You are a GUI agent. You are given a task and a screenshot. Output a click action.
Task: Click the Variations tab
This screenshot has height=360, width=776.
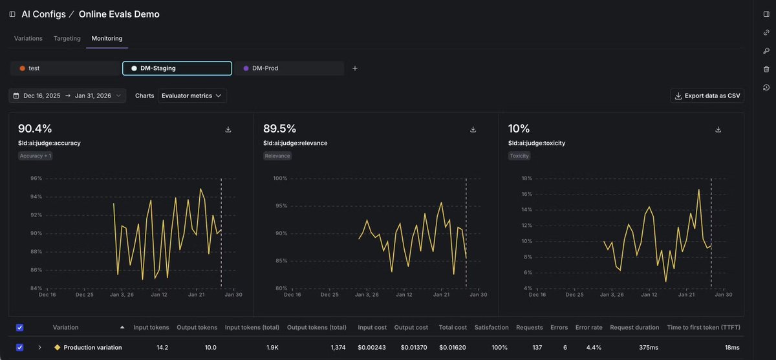coord(28,39)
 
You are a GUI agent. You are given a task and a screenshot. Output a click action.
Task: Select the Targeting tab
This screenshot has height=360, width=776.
coord(67,39)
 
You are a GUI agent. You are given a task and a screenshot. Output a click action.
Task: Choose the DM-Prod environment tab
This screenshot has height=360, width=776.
coord(264,68)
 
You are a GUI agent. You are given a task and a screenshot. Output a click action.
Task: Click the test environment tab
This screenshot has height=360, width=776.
coord(34,68)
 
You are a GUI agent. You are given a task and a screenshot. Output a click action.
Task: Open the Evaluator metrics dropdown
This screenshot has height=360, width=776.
coord(192,96)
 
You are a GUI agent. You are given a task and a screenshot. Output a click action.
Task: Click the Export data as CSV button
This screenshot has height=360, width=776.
coord(707,96)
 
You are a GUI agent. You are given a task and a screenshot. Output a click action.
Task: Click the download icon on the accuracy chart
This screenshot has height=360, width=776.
coord(228,129)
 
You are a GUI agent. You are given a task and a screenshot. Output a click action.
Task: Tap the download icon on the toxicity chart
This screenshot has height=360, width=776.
coord(718,129)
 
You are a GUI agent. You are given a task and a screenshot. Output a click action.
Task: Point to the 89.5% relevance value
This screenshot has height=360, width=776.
coord(279,129)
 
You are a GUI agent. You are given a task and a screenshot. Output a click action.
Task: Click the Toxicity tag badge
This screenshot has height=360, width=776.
coord(519,156)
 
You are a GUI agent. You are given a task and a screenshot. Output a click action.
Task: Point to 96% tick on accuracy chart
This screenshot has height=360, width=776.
coord(36,178)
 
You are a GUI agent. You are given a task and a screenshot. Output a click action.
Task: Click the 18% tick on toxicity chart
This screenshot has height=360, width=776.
coord(526,178)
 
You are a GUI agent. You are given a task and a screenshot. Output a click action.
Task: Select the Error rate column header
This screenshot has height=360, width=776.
coord(588,328)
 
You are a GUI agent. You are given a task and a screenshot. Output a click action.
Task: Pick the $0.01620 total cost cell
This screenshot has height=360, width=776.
coord(452,348)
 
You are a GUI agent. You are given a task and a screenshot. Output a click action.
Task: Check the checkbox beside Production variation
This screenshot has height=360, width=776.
coord(19,348)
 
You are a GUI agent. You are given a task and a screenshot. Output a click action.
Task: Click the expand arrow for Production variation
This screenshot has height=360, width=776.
coord(39,348)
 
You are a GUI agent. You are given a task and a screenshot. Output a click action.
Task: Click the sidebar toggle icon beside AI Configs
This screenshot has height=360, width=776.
coord(12,14)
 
